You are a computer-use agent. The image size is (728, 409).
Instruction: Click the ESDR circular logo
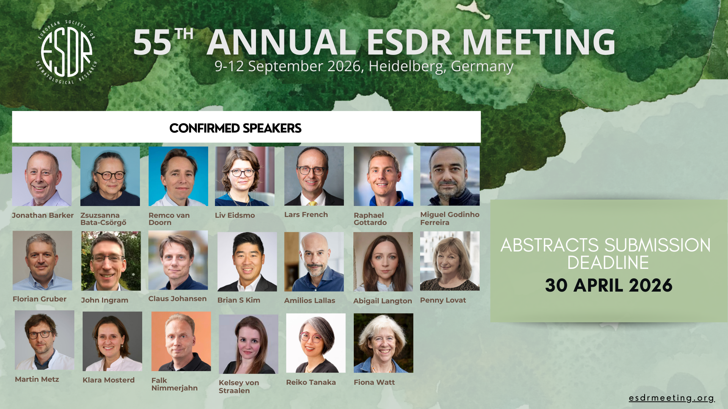click(x=67, y=52)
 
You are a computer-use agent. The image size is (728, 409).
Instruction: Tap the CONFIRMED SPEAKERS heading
click(x=235, y=128)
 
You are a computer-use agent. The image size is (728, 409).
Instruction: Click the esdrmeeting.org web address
click(x=672, y=398)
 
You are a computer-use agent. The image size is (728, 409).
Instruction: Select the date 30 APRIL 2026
click(x=609, y=285)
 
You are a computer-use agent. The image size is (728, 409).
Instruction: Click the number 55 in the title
click(x=152, y=42)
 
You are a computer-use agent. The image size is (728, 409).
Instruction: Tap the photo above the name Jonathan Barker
click(x=42, y=176)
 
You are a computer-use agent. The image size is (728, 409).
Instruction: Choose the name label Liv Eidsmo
click(x=235, y=215)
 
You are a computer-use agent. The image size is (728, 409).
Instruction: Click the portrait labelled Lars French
click(x=314, y=176)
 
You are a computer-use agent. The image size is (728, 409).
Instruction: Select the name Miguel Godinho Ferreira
click(x=450, y=219)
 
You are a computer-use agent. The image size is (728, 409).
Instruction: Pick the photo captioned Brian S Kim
click(x=247, y=262)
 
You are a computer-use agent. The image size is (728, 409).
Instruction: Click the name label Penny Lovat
click(x=443, y=300)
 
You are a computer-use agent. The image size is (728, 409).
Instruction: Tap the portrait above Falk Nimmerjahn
click(x=181, y=341)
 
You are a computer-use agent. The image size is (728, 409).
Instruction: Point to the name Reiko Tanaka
click(x=311, y=382)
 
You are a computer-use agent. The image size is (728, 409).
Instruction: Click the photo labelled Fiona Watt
click(x=383, y=343)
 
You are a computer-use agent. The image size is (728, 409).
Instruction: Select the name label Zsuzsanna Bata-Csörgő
click(x=103, y=219)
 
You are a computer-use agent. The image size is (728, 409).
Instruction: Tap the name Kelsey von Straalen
click(x=239, y=387)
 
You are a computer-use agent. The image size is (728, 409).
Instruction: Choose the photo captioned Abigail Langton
click(x=383, y=262)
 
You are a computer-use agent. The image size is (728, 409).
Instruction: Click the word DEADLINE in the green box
click(x=608, y=263)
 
